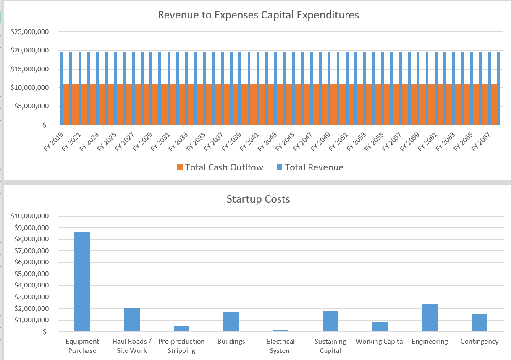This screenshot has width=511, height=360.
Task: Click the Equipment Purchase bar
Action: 82,282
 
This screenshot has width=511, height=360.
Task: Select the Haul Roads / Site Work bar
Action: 132,319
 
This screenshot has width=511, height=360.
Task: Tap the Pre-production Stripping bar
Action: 181,329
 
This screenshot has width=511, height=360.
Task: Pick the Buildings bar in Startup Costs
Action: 231,321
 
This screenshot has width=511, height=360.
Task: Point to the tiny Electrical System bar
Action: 280,331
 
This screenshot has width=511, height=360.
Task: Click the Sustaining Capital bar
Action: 330,321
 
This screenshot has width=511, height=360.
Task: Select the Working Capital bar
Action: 380,327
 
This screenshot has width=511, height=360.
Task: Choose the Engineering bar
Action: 430,318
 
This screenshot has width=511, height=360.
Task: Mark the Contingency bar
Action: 479,323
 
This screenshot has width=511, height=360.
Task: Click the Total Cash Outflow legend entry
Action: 220,167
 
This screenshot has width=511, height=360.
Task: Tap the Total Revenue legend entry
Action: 310,167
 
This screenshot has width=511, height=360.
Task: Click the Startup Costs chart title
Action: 258,199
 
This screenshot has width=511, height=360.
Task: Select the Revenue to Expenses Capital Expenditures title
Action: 258,15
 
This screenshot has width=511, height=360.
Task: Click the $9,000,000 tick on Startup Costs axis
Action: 32,228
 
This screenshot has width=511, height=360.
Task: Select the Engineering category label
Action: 430,342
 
